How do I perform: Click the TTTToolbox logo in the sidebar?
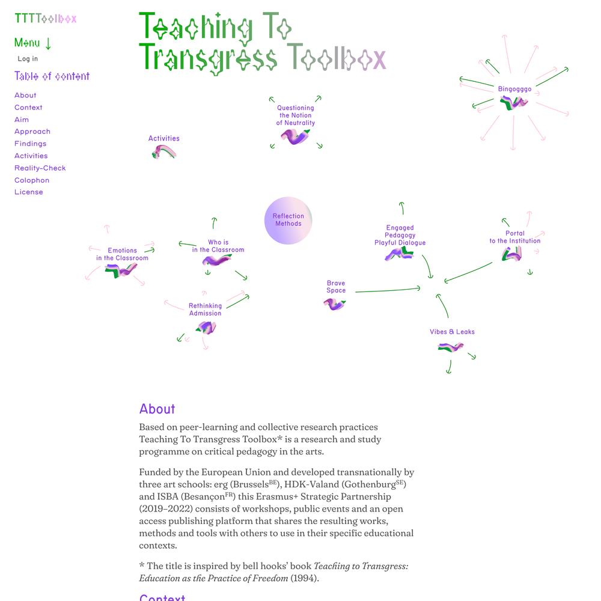click(x=46, y=19)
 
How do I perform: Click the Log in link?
click(x=28, y=59)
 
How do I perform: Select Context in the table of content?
click(x=28, y=108)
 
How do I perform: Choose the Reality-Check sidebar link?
click(x=40, y=168)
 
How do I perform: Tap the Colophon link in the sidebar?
click(x=32, y=180)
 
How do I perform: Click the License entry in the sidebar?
click(x=29, y=192)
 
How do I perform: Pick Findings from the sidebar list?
click(x=30, y=144)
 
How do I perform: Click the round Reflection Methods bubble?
click(x=288, y=220)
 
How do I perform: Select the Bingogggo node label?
click(x=514, y=89)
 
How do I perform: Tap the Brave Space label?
click(x=336, y=287)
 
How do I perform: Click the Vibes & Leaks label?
click(x=452, y=332)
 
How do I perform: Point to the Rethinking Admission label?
click(x=205, y=310)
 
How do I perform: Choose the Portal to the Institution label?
click(x=514, y=237)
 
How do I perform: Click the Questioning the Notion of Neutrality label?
click(x=295, y=115)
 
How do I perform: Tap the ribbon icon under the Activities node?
click(x=164, y=152)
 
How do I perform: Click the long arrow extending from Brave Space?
click(x=387, y=290)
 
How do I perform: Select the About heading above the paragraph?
click(x=157, y=409)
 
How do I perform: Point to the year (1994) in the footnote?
click(x=304, y=578)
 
